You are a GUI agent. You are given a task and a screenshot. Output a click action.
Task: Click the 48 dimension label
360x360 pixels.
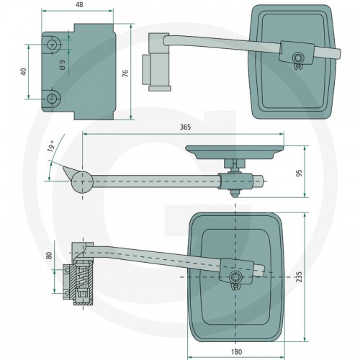[x=79, y=4]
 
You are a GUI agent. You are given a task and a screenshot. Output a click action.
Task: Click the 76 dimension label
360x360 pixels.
[x=125, y=73]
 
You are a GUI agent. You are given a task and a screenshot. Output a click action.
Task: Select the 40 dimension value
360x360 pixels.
[x=24, y=72]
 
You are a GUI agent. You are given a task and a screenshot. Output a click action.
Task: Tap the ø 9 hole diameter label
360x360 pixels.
[x=63, y=65]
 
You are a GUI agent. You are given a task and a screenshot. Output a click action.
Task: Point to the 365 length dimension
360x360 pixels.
[x=186, y=127]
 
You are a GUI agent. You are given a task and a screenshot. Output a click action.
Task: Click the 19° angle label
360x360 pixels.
[x=51, y=146]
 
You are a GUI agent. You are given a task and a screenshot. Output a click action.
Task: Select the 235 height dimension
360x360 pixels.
[x=299, y=276]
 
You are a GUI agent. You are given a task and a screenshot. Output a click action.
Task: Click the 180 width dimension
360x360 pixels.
[x=236, y=352]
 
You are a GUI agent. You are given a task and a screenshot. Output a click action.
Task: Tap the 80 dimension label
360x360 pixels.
[x=49, y=256]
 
